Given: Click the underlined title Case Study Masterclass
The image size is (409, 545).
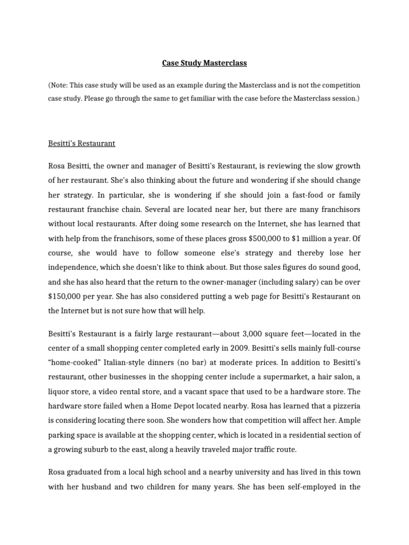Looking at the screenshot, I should [204, 63].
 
